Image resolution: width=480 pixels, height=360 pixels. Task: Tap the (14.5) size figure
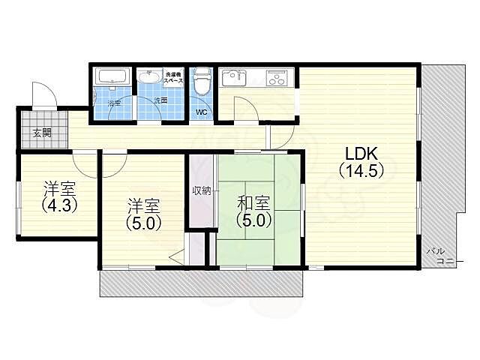point(363,171)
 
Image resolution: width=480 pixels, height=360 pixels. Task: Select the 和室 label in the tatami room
point(253,202)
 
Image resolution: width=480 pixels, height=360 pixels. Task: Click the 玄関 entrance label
point(42,133)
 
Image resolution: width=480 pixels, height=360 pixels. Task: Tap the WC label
point(201,112)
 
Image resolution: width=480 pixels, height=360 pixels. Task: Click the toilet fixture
point(201,82)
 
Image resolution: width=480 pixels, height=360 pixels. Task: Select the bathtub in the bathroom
point(113,76)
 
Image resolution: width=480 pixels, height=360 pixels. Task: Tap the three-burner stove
point(277,77)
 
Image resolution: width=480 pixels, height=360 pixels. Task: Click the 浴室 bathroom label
point(113,102)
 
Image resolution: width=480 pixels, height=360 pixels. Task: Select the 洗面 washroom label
point(160,100)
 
